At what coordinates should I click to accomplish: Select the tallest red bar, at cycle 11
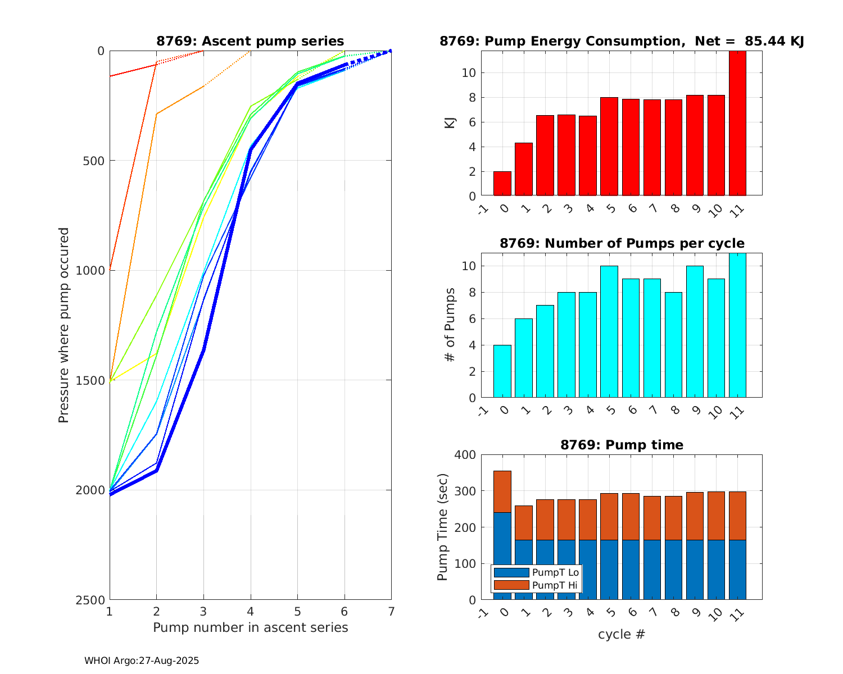[737, 124]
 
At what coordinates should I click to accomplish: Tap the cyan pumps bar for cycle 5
[609, 331]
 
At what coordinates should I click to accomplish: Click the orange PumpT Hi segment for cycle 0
[502, 491]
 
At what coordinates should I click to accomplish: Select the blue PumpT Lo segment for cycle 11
[737, 570]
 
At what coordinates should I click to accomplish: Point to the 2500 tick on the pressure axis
[93, 600]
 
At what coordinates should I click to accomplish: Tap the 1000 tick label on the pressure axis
[93, 271]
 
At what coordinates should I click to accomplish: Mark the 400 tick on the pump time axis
[467, 455]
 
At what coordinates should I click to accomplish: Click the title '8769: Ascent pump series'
[250, 41]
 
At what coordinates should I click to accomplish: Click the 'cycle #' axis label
[621, 635]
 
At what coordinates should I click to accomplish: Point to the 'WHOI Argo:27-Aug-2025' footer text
[142, 661]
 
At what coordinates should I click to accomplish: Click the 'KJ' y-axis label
[450, 123]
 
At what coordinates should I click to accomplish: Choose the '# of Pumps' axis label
[450, 325]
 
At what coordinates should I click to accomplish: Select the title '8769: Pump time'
[622, 445]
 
